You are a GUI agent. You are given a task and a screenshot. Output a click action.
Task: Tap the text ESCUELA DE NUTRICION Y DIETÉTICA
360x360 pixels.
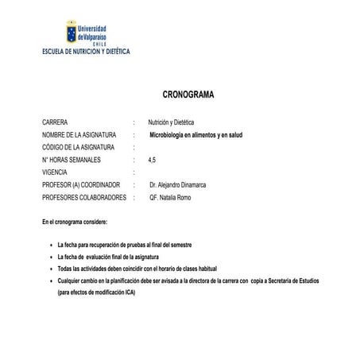pyautogui.click(x=85, y=52)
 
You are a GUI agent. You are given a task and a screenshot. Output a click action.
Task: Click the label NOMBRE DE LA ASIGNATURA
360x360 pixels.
pyautogui.click(x=79, y=135)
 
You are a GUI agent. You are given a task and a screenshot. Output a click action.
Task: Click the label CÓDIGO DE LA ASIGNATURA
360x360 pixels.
pyautogui.click(x=79, y=147)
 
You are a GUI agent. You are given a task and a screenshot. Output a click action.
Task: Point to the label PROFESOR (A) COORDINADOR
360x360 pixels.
pyautogui.click(x=82, y=184)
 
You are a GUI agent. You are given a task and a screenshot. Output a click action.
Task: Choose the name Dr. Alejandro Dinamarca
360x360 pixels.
pyautogui.click(x=183, y=184)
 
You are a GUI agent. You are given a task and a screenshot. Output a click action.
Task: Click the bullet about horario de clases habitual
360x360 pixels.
pyautogui.click(x=137, y=269)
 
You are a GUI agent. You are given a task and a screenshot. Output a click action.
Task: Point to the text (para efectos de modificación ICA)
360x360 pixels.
pyautogui.click(x=96, y=292)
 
